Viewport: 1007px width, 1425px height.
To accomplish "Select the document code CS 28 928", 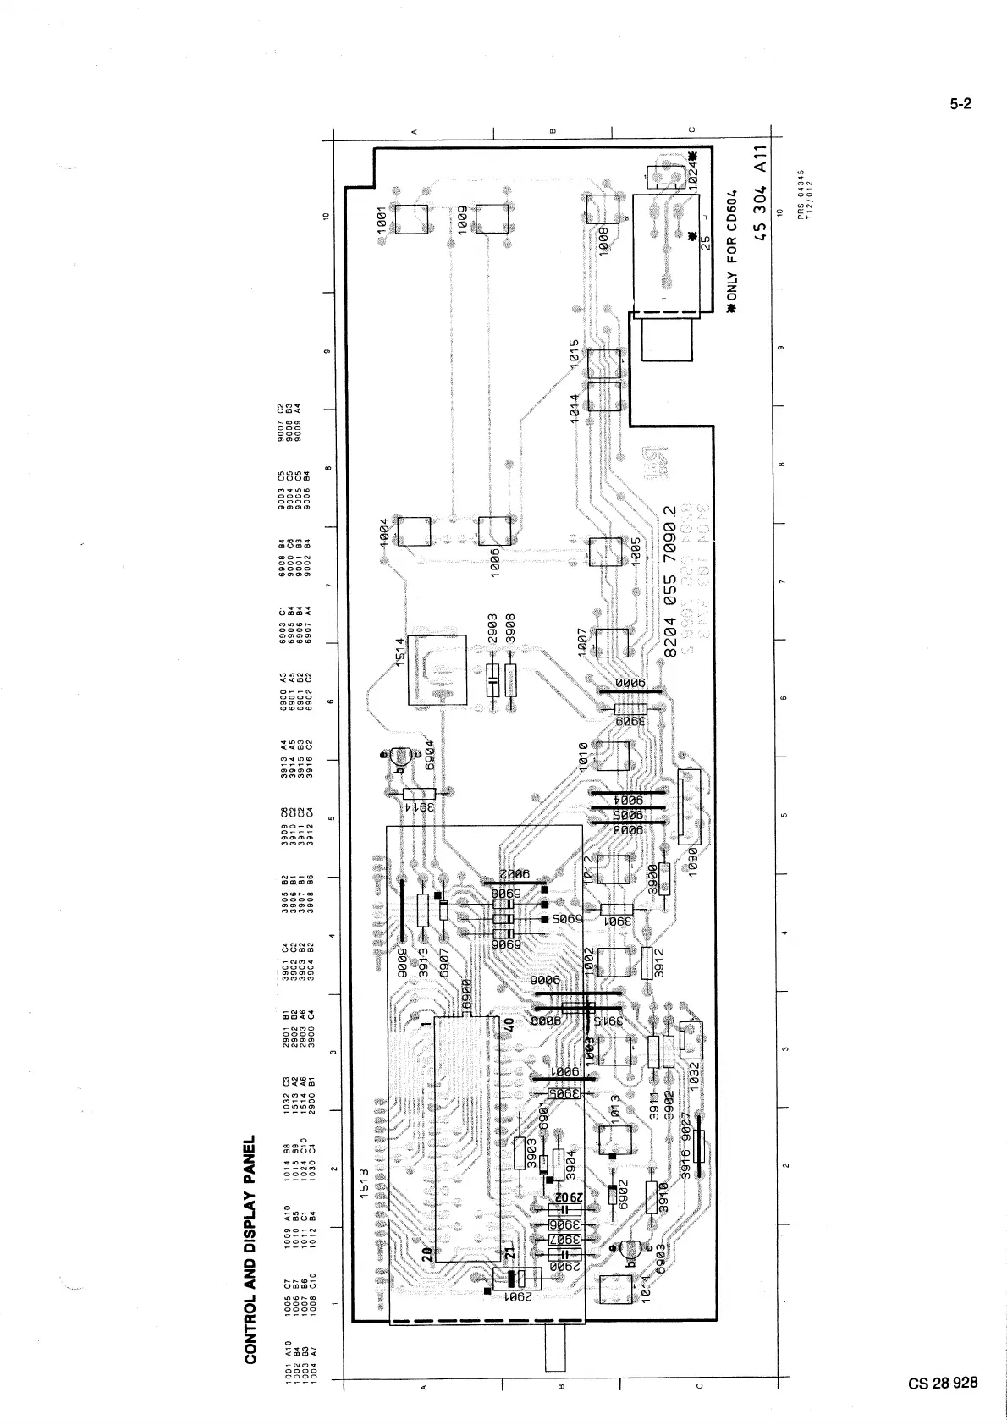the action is [944, 1384].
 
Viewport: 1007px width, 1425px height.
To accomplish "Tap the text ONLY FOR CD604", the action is [733, 253].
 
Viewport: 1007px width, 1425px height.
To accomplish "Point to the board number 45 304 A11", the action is [761, 193].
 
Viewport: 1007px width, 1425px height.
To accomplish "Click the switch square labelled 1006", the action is [494, 531].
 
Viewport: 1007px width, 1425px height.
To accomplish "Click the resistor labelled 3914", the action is [419, 794].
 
